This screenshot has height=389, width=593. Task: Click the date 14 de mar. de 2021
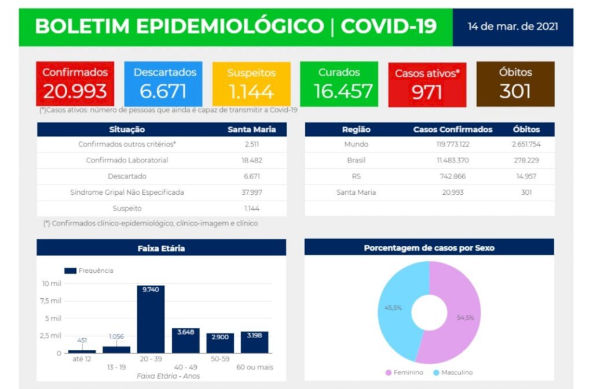(513, 27)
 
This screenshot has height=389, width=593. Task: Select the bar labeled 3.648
(185, 340)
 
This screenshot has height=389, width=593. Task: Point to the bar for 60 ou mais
(255, 342)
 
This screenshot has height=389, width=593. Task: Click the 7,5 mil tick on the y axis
(52, 301)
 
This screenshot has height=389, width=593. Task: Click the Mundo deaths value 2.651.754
(526, 145)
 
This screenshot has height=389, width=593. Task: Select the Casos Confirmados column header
(453, 129)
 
